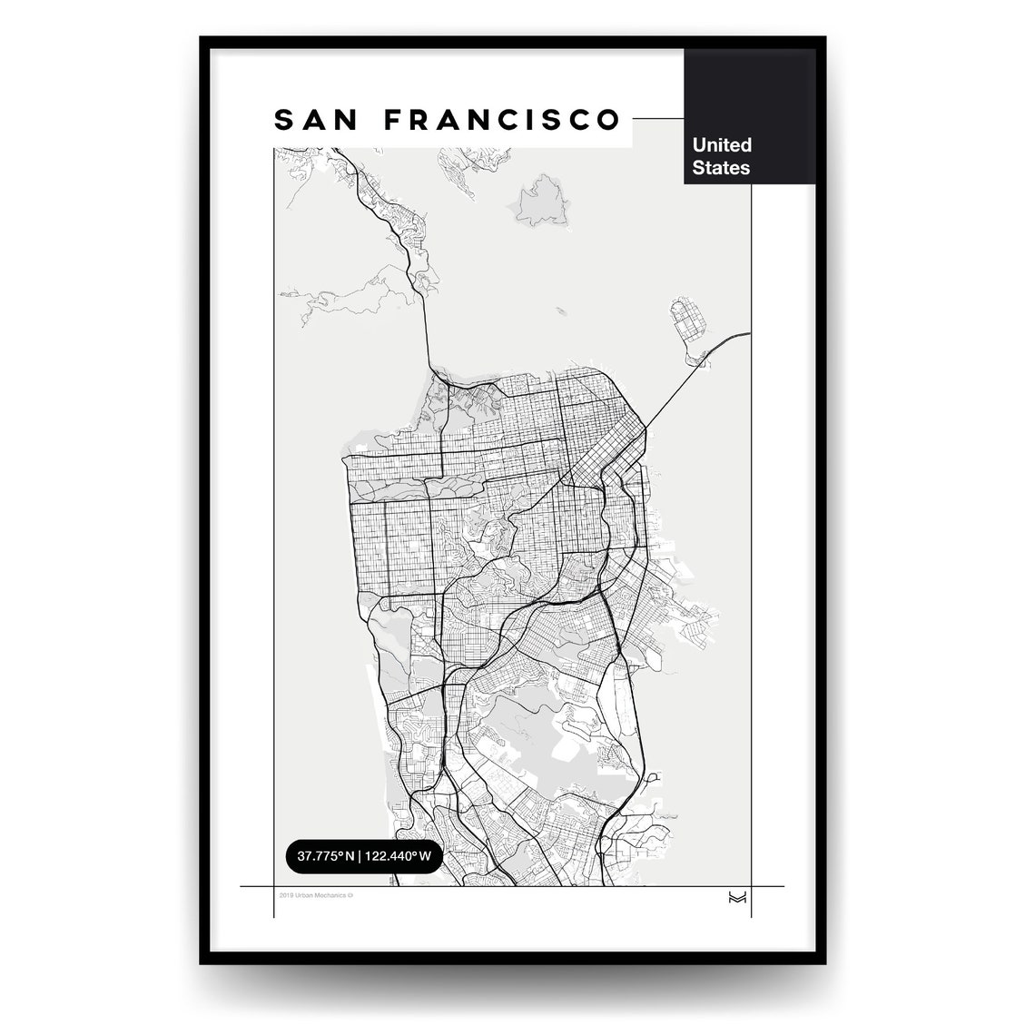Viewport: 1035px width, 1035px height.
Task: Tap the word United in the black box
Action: pyautogui.click(x=722, y=144)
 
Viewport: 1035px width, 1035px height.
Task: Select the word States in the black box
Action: pyautogui.click(x=721, y=168)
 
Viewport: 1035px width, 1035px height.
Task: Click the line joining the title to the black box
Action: pyautogui.click(x=657, y=119)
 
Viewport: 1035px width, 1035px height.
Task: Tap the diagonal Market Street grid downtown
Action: pyautogui.click(x=599, y=454)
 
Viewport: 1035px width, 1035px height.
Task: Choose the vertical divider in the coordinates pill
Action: pyautogui.click(x=360, y=855)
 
